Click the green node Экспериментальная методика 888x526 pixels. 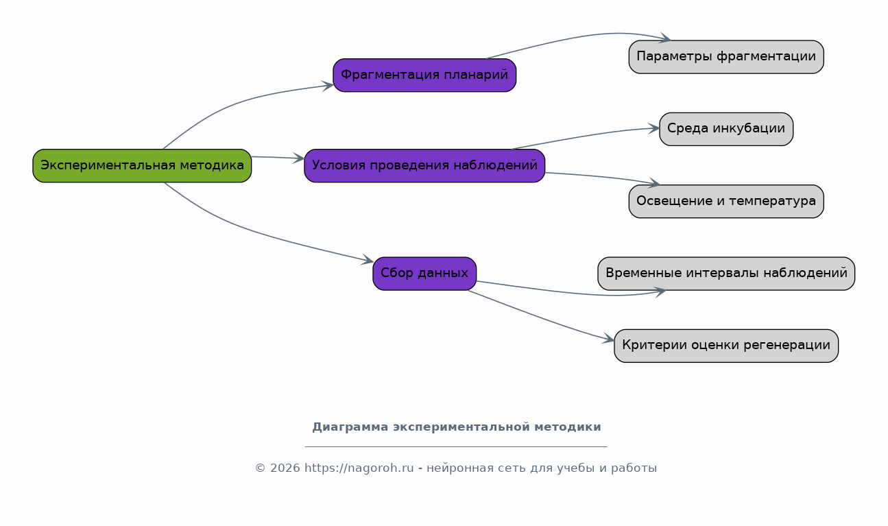[x=142, y=166]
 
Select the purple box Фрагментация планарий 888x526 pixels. [x=424, y=75]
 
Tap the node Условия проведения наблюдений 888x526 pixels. [x=424, y=166]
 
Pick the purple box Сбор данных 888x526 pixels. [x=424, y=274]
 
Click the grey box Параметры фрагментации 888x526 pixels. [x=726, y=57]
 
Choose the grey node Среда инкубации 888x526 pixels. [x=726, y=129]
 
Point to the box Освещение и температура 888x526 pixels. [x=726, y=202]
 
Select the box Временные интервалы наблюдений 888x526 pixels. [x=726, y=274]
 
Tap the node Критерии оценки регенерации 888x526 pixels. [x=726, y=346]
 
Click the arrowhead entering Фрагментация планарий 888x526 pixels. [x=328, y=86]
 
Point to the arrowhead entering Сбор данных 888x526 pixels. [x=368, y=260]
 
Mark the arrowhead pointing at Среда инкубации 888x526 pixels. [x=654, y=128]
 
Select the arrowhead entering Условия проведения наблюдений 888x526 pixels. [x=299, y=158]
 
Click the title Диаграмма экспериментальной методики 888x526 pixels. [x=456, y=427]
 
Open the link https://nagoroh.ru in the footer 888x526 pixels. [x=359, y=468]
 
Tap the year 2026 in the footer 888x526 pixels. [x=285, y=468]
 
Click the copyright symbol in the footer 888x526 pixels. [x=260, y=468]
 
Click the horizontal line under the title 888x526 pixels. [x=456, y=446]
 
